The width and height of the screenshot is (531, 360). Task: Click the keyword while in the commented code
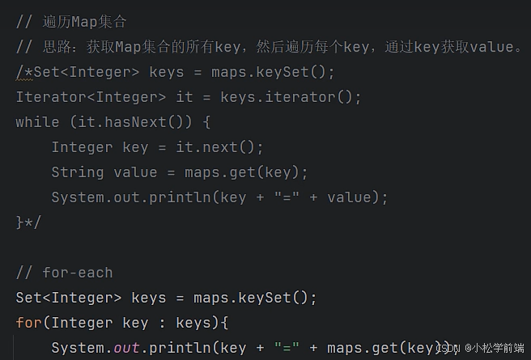(x=37, y=122)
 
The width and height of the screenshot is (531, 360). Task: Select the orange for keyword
(x=29, y=323)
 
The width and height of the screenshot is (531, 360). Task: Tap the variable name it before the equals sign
(x=185, y=97)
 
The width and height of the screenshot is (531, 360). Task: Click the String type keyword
(x=78, y=172)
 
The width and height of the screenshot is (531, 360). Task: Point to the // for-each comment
(x=65, y=273)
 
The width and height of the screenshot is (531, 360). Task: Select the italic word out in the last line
(x=126, y=348)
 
